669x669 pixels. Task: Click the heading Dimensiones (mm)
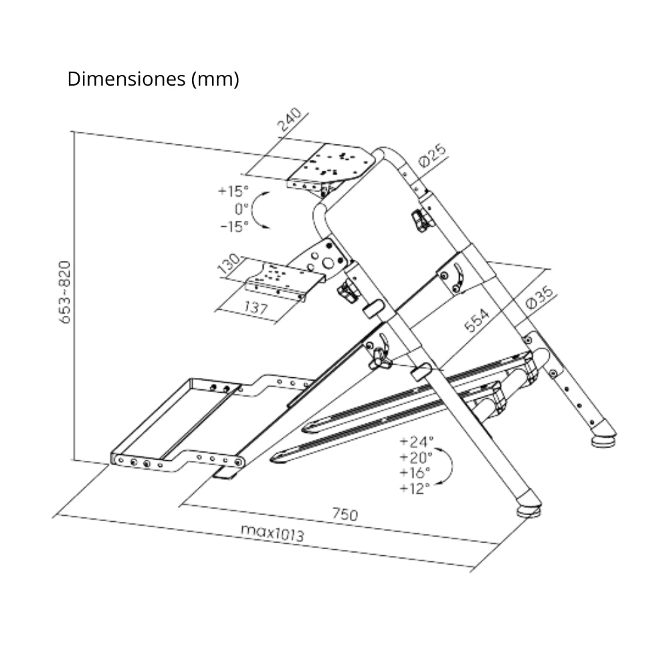coord(153,79)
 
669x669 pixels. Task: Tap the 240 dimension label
coord(290,121)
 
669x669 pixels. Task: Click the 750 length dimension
coord(345,514)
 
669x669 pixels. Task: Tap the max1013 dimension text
coord(272,533)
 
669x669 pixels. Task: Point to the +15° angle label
coord(233,191)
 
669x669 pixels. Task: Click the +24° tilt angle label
coord(416,442)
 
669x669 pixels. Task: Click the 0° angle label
coord(242,208)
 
